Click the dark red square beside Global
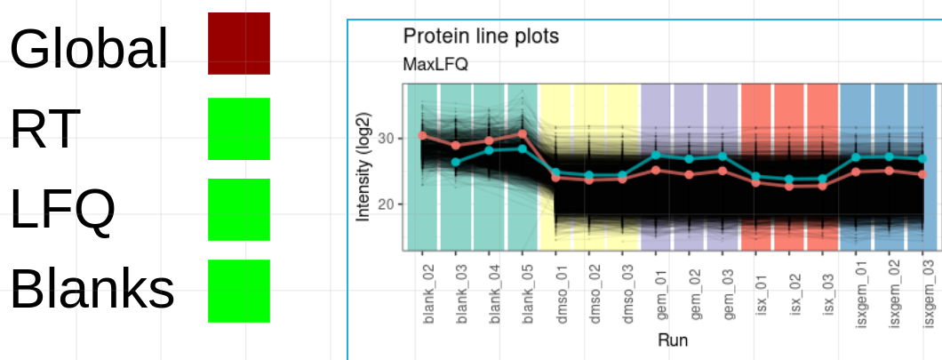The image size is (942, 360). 238,44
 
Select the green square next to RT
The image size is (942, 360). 238,129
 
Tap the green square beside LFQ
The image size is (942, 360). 238,210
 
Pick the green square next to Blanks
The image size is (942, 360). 238,291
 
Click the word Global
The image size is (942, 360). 88,48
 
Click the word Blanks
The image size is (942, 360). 92,288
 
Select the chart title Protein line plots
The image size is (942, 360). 481,36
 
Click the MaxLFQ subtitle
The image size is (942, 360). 435,64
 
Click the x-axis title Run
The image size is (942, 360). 673,340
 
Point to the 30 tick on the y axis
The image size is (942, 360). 386,138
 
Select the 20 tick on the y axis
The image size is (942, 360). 386,204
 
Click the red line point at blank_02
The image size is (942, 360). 423,136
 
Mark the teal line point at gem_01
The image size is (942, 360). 656,155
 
